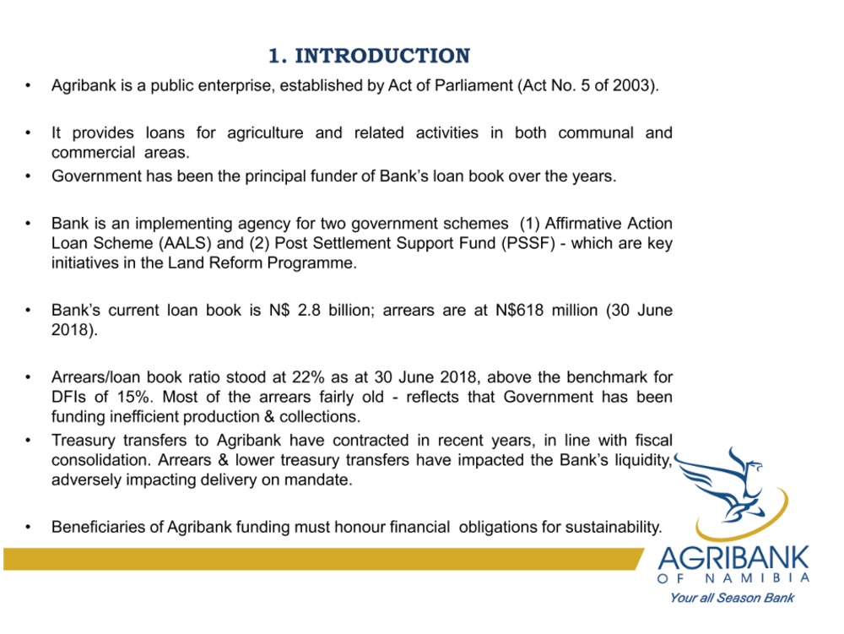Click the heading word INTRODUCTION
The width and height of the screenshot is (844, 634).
tap(382, 56)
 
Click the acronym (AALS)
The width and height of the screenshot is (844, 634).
tap(185, 243)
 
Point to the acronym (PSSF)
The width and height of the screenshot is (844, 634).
tap(528, 243)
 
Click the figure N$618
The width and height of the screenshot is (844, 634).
tap(519, 311)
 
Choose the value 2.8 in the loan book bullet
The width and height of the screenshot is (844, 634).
tap(309, 311)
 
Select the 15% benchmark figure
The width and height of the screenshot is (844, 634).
tap(134, 397)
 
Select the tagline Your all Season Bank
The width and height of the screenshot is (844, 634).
tap(732, 598)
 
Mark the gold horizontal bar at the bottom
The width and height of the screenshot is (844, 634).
tap(323, 559)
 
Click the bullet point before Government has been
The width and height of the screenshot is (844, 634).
tap(28, 176)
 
